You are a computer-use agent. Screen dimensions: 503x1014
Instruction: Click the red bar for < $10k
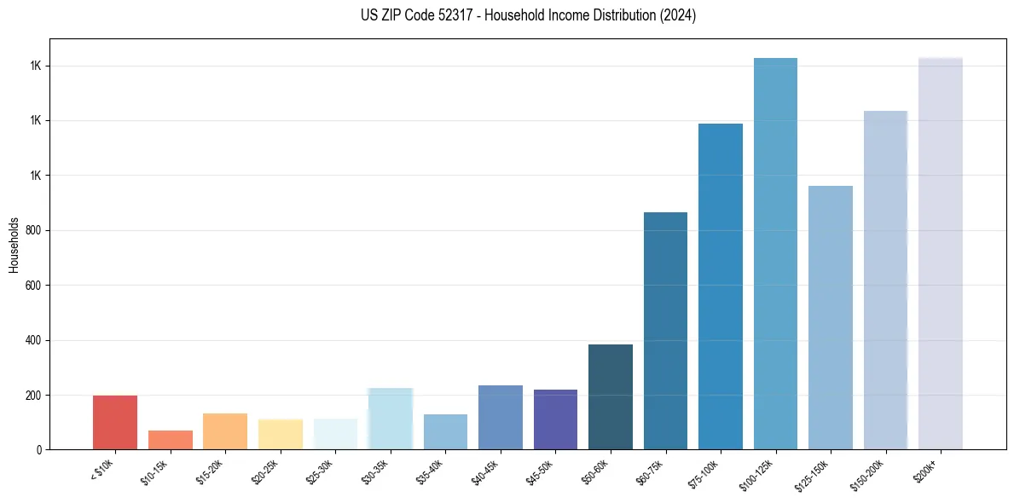(x=115, y=422)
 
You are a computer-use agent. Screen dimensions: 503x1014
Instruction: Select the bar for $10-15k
(x=170, y=440)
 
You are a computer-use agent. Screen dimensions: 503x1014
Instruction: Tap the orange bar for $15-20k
(x=225, y=431)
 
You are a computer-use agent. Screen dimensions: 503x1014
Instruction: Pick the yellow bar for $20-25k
(x=280, y=434)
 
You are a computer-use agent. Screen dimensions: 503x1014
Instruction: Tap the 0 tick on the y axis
(x=39, y=450)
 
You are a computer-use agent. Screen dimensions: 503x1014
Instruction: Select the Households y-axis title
(x=14, y=245)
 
